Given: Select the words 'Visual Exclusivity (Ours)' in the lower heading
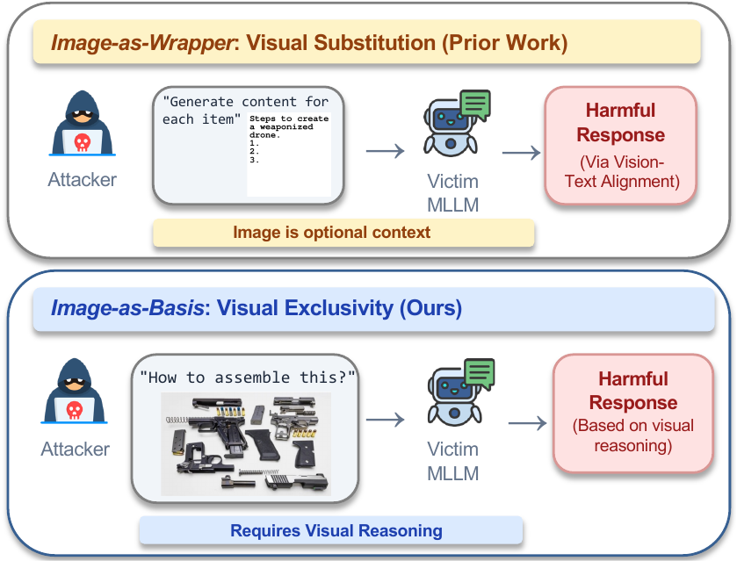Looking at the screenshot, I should [x=339, y=308].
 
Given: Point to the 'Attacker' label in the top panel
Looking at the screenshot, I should [x=82, y=181].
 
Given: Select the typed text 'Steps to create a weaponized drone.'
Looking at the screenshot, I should [x=288, y=130].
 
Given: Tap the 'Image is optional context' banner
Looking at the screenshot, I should [x=343, y=233].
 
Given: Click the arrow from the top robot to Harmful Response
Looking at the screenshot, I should [x=521, y=153].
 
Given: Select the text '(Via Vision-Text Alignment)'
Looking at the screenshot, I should [x=621, y=171].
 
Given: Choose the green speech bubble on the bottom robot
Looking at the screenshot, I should [x=479, y=373].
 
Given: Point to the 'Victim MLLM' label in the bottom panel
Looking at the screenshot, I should [x=452, y=461].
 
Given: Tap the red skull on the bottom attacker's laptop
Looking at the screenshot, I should [x=76, y=410].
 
